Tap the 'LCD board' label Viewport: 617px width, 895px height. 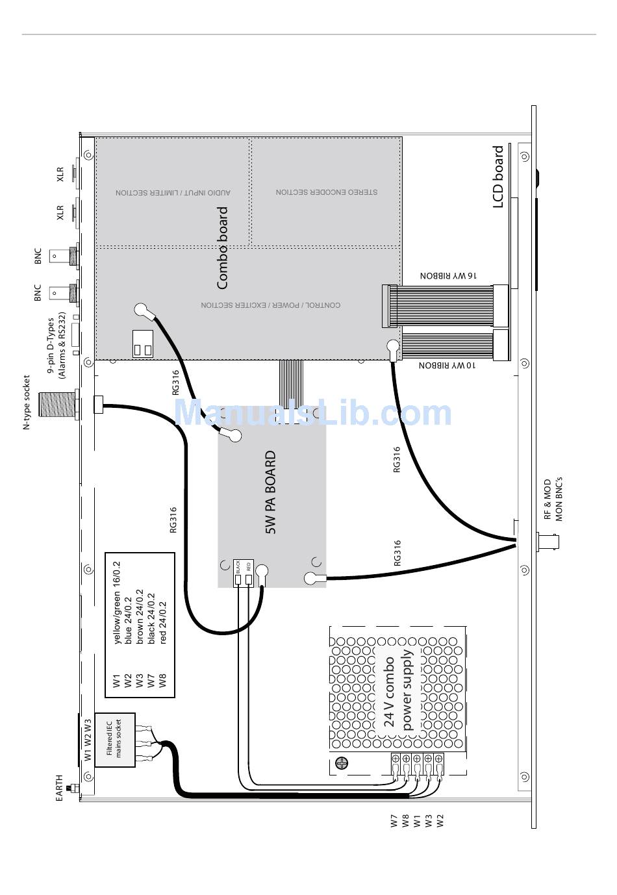(x=498, y=177)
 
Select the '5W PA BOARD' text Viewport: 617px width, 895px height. (x=271, y=492)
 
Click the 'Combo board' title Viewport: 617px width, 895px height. (x=222, y=247)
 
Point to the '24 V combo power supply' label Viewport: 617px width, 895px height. (x=398, y=691)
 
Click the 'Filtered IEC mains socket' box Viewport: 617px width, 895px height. (x=115, y=740)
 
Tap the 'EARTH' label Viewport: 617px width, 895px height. (x=59, y=787)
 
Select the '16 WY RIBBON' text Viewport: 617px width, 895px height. (x=448, y=276)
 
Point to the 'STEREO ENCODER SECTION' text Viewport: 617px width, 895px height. (x=326, y=192)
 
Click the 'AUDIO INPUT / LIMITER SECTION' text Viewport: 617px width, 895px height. (x=173, y=193)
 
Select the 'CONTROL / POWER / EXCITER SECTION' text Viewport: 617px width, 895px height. (x=270, y=305)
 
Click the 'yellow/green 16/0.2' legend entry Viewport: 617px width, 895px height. (x=117, y=602)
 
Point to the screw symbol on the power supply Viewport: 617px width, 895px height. (x=342, y=763)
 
